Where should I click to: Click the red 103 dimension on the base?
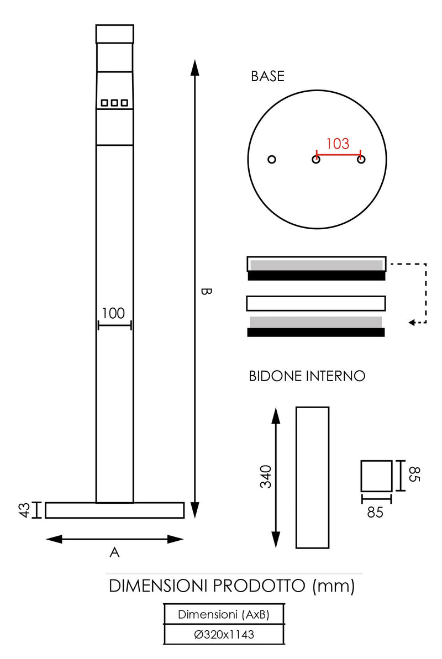(x=338, y=144)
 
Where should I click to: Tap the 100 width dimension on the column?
(x=113, y=313)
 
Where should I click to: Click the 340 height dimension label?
(x=265, y=477)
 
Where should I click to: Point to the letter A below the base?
(x=114, y=552)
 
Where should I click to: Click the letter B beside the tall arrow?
(x=205, y=291)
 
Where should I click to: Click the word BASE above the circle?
(x=267, y=77)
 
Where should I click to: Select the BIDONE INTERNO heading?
(x=307, y=376)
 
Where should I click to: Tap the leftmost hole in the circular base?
(x=271, y=160)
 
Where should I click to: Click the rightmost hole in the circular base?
(x=361, y=160)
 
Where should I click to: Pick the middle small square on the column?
(x=114, y=103)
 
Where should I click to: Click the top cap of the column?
(x=114, y=34)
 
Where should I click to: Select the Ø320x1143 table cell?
(x=224, y=635)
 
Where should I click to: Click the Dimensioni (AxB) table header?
(x=224, y=614)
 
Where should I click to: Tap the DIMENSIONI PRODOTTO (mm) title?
(x=231, y=586)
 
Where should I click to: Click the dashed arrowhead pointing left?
(x=412, y=323)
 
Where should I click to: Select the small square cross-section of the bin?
(x=376, y=476)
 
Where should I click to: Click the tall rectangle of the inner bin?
(x=312, y=477)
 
